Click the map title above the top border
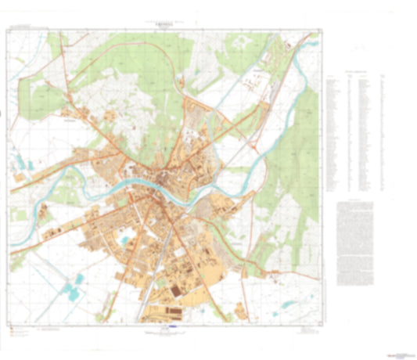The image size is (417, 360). click(x=163, y=24)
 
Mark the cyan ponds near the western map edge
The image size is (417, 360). click(x=19, y=164)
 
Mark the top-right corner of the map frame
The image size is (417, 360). click(x=322, y=31)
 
